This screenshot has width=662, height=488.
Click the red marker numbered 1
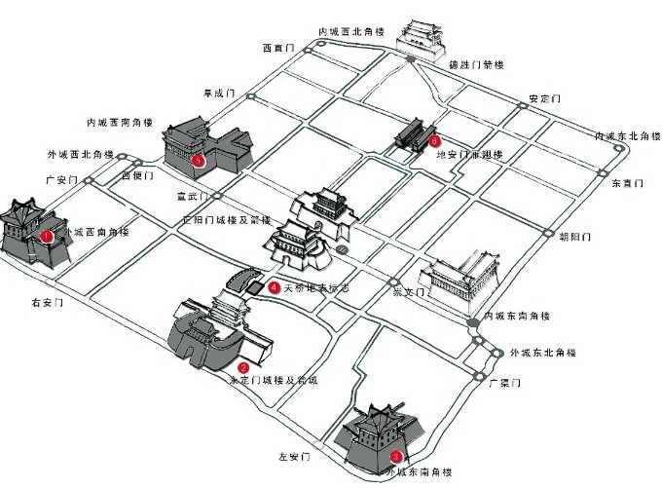click(47, 235)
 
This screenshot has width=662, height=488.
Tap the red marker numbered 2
click(242, 367)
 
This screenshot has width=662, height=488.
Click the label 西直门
click(276, 46)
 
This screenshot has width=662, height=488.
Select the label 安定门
click(545, 98)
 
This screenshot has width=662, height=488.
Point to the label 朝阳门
click(575, 237)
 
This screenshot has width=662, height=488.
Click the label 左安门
click(293, 456)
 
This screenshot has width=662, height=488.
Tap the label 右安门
click(48, 303)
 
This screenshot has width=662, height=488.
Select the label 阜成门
click(219, 94)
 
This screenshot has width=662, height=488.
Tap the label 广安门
click(60, 180)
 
